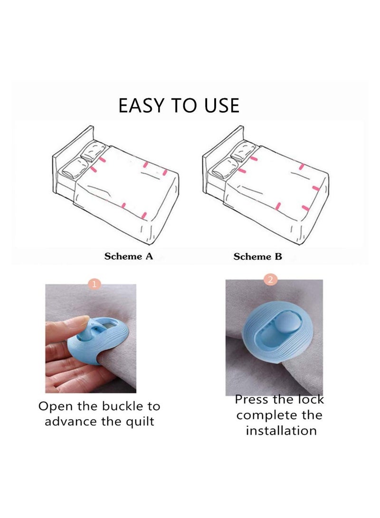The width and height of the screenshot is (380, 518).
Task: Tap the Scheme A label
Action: click(129, 256)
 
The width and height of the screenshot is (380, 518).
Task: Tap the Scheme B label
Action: click(257, 256)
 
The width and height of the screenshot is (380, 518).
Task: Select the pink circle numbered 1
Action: click(95, 284)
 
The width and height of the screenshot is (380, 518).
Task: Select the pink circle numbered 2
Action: click(270, 280)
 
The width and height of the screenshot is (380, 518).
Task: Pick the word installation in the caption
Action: click(281, 431)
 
